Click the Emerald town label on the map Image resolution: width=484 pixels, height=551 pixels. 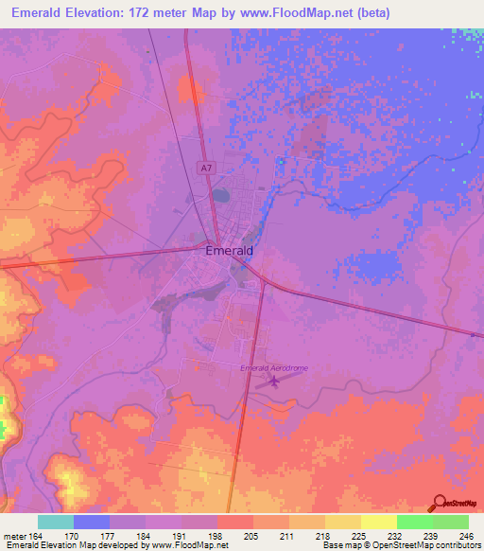click(x=229, y=252)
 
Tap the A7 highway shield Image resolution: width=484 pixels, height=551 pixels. click(x=206, y=167)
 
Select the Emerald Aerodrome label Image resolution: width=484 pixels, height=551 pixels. click(x=274, y=367)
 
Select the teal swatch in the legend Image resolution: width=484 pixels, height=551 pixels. click(x=56, y=522)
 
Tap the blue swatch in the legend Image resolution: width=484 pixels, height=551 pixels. click(x=92, y=522)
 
